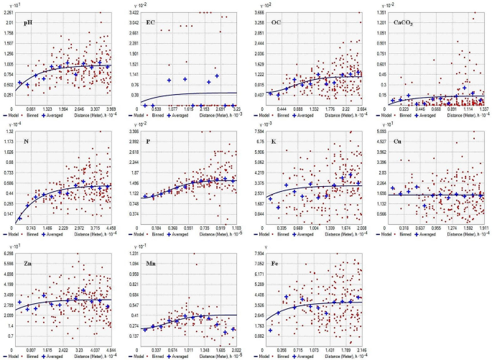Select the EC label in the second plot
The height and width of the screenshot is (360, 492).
click(151, 22)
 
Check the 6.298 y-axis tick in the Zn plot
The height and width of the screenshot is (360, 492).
click(9, 254)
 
